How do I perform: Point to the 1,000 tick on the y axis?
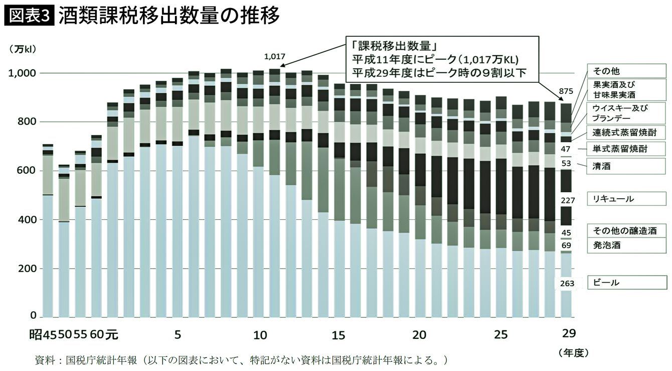(22, 73)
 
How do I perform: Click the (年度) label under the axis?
(573, 352)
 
